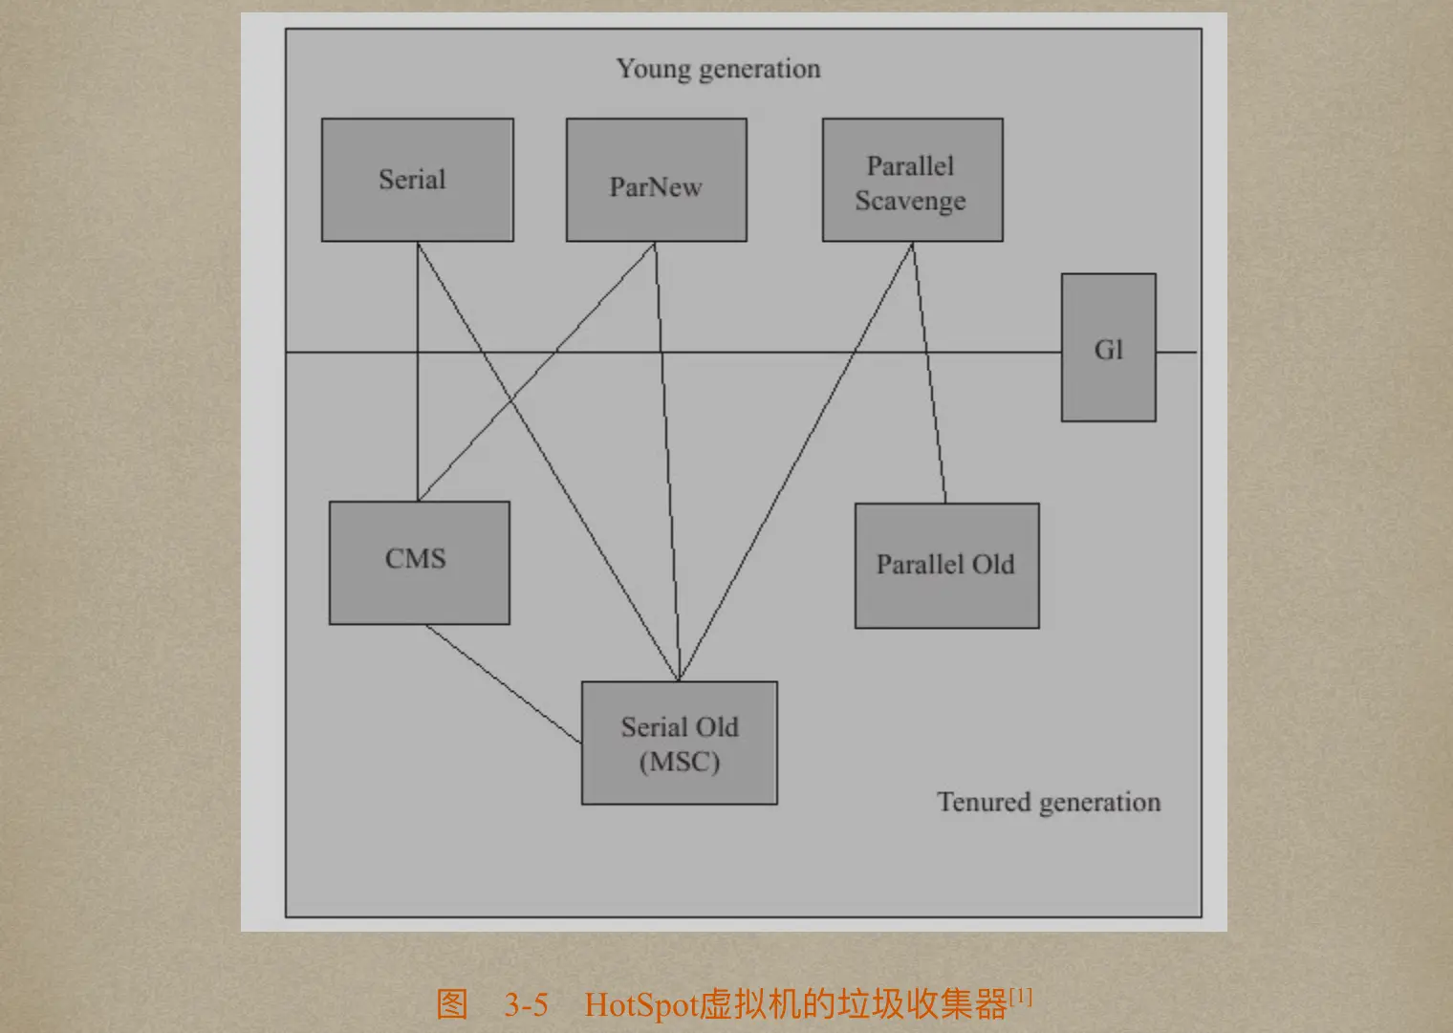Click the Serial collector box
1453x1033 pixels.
(417, 180)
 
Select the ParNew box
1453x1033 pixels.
(656, 180)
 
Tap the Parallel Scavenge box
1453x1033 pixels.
(912, 180)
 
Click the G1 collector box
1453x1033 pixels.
(1108, 348)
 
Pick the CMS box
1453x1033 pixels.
(419, 562)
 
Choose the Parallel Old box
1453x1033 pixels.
(946, 565)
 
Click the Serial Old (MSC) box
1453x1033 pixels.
(679, 742)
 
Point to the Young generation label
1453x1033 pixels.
(718, 69)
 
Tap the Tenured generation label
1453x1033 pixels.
(1049, 802)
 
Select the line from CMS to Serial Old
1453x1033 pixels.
(503, 682)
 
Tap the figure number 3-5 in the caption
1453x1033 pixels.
(526, 1004)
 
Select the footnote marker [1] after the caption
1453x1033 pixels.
(1021, 996)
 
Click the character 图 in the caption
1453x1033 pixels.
(452, 1004)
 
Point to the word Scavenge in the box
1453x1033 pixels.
(910, 202)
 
